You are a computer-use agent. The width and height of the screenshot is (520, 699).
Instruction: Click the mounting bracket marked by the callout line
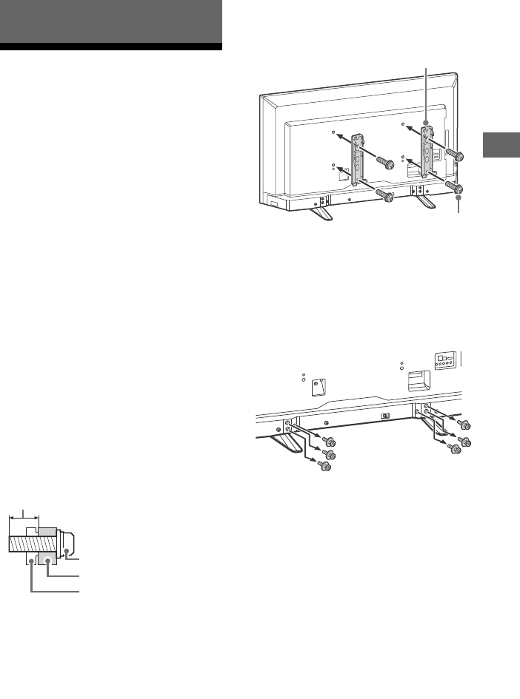[x=427, y=152]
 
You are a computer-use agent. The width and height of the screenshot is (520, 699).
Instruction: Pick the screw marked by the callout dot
[x=459, y=190]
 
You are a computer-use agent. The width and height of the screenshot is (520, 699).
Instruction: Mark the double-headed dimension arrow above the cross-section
[x=24, y=519]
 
